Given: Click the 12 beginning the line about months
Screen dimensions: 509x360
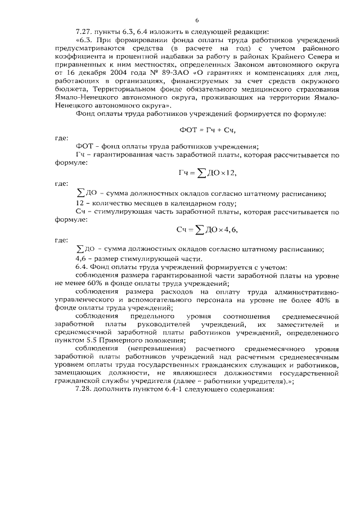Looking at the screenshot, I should click(x=79, y=203).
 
